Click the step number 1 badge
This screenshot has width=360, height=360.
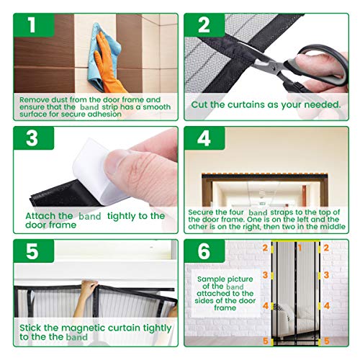pos(34,25)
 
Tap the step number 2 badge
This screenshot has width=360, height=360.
pos(204,25)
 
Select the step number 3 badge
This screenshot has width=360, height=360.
pos(34,138)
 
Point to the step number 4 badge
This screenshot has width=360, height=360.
pos(204,138)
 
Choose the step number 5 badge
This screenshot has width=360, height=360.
pos(34,251)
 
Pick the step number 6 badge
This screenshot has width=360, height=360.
pos(204,251)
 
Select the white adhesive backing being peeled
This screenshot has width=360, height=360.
pos(96,171)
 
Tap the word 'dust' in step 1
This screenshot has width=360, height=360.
pos(60,99)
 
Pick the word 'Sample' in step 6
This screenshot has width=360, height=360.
pos(210,279)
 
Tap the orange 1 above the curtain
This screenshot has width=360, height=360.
pos(300,248)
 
